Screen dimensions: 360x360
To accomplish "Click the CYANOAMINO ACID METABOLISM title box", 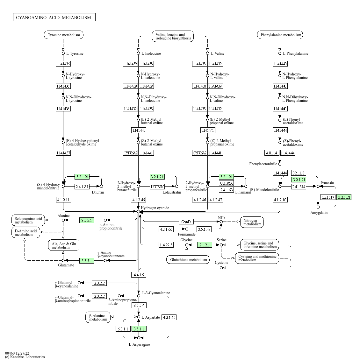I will tap(54, 18).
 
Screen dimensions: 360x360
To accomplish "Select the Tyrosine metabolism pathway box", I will tap(64, 35).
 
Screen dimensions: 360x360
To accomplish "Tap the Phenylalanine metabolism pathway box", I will tap(280, 35).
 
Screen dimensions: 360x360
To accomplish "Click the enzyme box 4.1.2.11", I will tap(63, 200).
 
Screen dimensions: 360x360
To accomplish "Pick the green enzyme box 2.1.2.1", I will tap(204, 245).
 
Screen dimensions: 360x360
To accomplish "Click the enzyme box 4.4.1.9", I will tap(139, 275).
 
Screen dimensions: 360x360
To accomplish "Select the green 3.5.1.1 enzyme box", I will tap(139, 329).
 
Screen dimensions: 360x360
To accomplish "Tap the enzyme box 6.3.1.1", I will tap(123, 329).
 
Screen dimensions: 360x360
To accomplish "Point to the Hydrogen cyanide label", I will tap(155, 208).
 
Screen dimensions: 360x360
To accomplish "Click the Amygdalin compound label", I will tap(319, 213).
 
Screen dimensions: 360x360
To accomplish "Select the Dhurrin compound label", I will tap(98, 192).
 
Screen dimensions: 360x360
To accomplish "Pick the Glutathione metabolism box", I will tap(188, 260).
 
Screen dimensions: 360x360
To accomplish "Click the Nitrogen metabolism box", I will tap(252, 222).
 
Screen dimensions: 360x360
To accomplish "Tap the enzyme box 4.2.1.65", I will tap(169, 317).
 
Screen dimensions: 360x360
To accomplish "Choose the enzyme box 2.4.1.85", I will tap(82, 187).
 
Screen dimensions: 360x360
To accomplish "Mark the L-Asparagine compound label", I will tap(139, 344).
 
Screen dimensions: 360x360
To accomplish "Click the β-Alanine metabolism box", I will tap(98, 317).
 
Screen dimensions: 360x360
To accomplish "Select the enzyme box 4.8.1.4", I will tap(271, 153).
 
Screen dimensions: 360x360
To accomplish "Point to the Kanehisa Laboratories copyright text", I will tap(25, 357).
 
